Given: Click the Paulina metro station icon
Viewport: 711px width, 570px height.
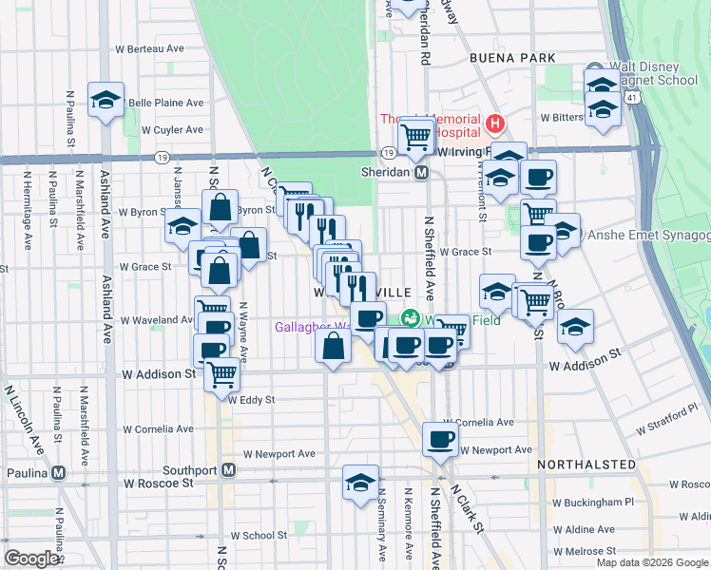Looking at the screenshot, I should (59, 472).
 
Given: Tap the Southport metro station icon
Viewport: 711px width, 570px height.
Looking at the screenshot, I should (228, 469).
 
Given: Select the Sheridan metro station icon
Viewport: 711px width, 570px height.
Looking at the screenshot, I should (422, 172).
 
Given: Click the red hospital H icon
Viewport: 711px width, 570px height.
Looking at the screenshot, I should (493, 123).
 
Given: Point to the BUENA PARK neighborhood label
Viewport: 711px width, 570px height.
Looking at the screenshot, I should (511, 58).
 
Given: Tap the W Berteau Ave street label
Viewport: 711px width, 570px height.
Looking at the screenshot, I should (149, 47).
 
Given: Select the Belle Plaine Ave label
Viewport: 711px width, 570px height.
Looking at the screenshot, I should (166, 103).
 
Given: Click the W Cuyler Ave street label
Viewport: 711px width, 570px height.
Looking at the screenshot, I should (172, 129).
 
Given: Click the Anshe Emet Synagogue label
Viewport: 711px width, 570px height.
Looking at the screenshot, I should (649, 235).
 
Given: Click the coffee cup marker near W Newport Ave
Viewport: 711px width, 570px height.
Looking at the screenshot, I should (440, 438).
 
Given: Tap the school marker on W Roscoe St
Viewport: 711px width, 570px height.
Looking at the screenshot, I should (360, 482).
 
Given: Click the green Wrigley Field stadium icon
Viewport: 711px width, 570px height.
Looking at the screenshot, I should (412, 318).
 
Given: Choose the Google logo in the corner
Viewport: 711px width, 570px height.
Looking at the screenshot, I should (32, 559).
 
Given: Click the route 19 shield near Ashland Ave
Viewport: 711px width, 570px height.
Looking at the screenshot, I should (163, 157).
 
